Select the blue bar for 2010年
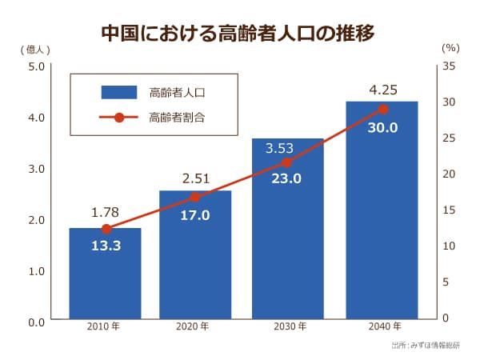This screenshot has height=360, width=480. coord(105,276)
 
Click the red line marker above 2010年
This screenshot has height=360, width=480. coord(106,229)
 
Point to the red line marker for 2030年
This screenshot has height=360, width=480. coord(287,162)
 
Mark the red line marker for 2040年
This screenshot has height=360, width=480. coord(382,110)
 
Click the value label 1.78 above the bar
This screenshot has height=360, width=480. coord(105,213)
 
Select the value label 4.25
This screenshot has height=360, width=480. coord(382,88)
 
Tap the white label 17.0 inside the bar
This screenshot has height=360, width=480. coord(195,215)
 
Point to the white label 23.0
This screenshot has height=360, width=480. coord(286,179)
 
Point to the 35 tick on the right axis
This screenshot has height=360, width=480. coord(449,66)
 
